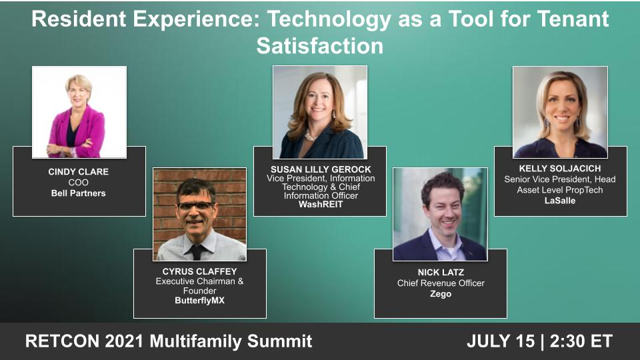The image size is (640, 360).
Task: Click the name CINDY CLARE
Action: [79, 171]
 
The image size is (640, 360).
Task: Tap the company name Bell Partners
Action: [79, 193]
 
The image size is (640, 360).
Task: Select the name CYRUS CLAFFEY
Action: [199, 271]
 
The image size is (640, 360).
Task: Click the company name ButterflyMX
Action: [199, 301]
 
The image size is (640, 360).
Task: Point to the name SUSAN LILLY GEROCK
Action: [320, 169]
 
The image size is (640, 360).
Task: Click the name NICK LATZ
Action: [440, 272]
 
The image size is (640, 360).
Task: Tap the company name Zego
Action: [440, 293]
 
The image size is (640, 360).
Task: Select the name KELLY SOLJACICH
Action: [560, 169]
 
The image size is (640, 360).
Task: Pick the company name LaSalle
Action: [560, 200]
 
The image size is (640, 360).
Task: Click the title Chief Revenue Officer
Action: [440, 283]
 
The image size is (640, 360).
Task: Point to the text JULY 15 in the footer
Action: [500, 341]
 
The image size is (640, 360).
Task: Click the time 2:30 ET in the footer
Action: [581, 341]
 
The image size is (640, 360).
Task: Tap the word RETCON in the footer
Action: [59, 341]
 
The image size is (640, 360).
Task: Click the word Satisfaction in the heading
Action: [320, 46]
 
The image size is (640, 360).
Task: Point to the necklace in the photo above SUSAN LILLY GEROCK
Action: [310, 135]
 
